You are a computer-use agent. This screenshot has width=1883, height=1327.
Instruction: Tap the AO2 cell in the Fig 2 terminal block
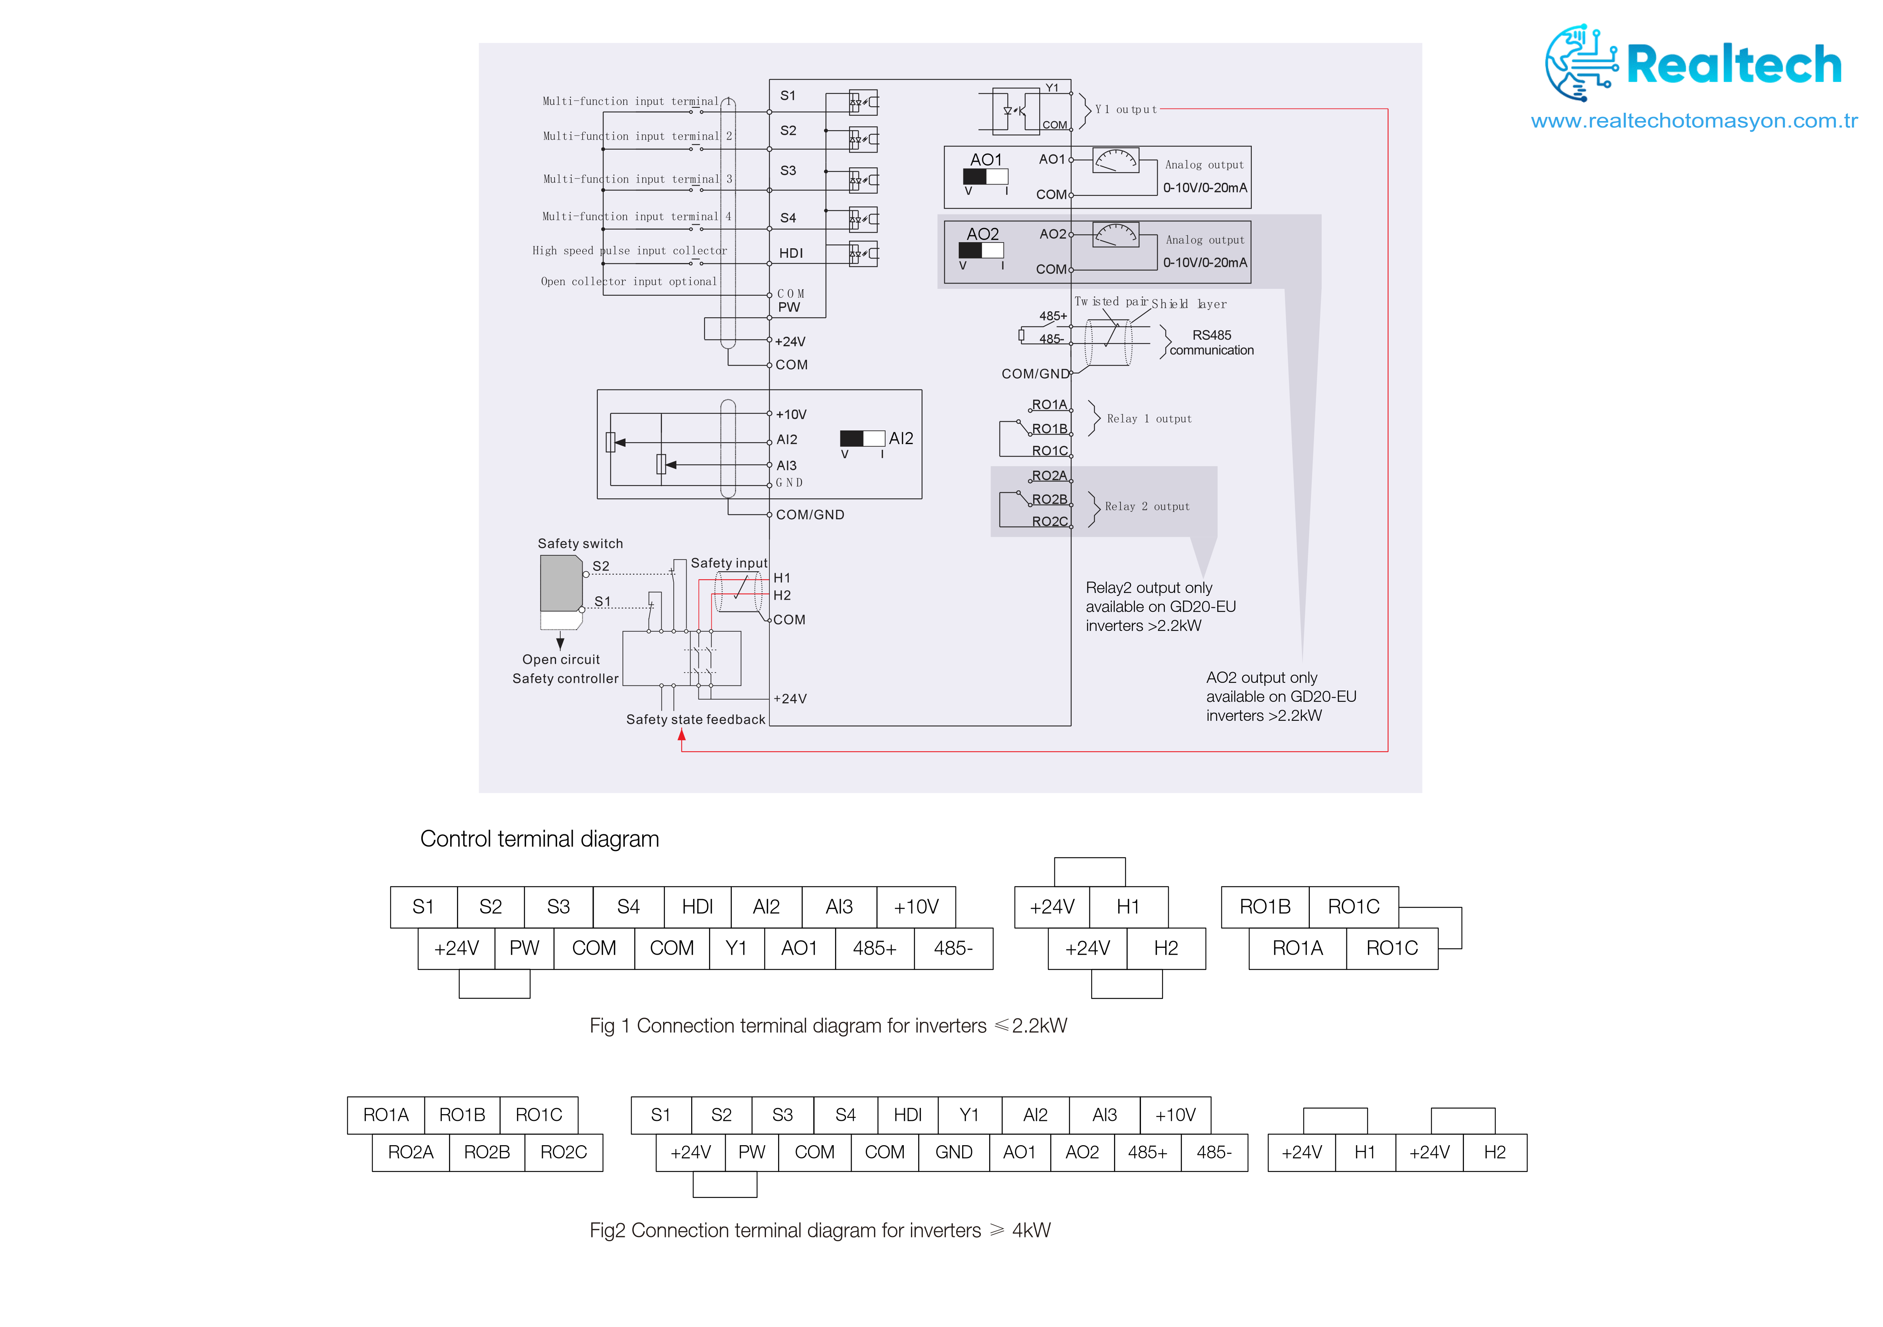click(1082, 1152)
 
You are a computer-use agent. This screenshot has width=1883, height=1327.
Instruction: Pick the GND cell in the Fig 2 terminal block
click(954, 1152)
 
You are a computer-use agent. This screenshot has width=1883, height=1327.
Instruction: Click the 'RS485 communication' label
click(1211, 343)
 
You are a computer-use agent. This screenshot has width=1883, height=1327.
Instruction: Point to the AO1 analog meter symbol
click(1116, 160)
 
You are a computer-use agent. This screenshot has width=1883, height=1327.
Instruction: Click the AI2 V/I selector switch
click(862, 439)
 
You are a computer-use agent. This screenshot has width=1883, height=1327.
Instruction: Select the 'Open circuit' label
click(561, 659)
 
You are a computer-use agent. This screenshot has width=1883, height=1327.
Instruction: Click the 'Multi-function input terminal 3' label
click(637, 179)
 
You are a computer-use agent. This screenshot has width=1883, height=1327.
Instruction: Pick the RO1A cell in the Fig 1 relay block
click(1297, 948)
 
